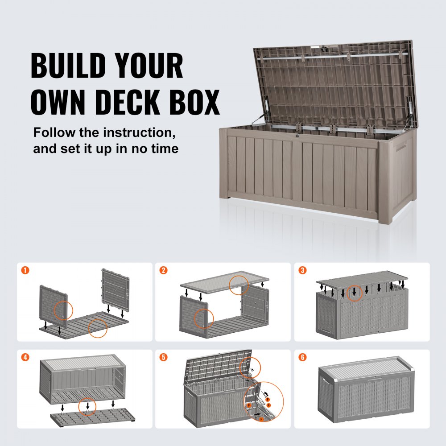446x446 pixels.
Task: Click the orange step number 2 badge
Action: coord(164,270)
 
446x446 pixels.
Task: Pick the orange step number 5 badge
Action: coord(164,357)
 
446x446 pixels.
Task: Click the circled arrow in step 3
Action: coord(355,293)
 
